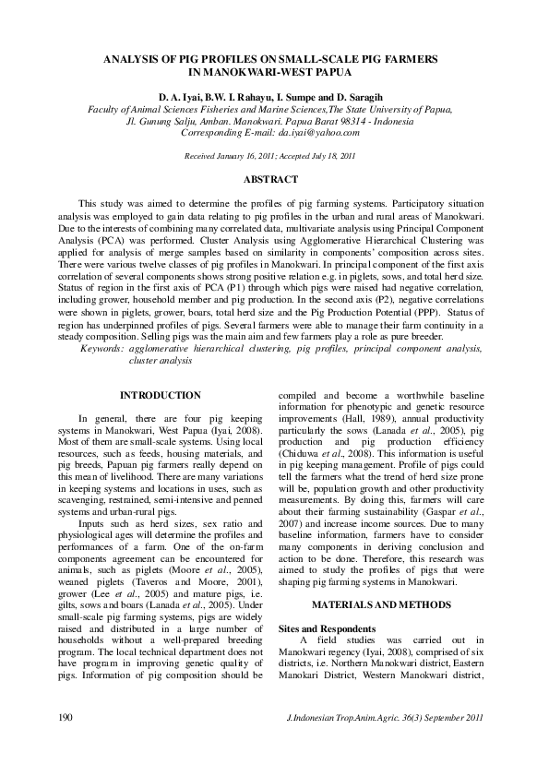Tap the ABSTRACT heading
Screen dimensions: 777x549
pyautogui.click(x=274, y=179)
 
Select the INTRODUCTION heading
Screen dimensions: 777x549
pyautogui.click(x=160, y=395)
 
